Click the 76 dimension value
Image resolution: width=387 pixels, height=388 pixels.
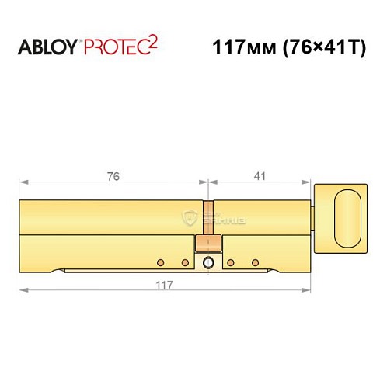click(113, 176)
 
